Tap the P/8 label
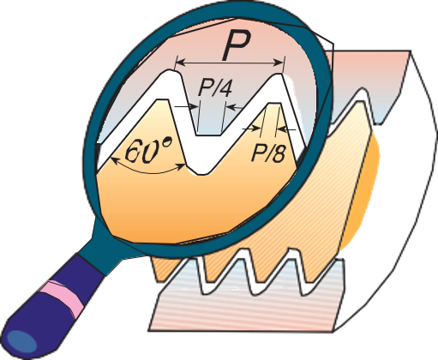268,154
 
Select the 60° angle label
149,150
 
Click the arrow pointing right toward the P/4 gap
186,106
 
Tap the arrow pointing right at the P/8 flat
250,129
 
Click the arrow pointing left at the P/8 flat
286,130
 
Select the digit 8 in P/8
279,154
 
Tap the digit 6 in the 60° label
134,152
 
